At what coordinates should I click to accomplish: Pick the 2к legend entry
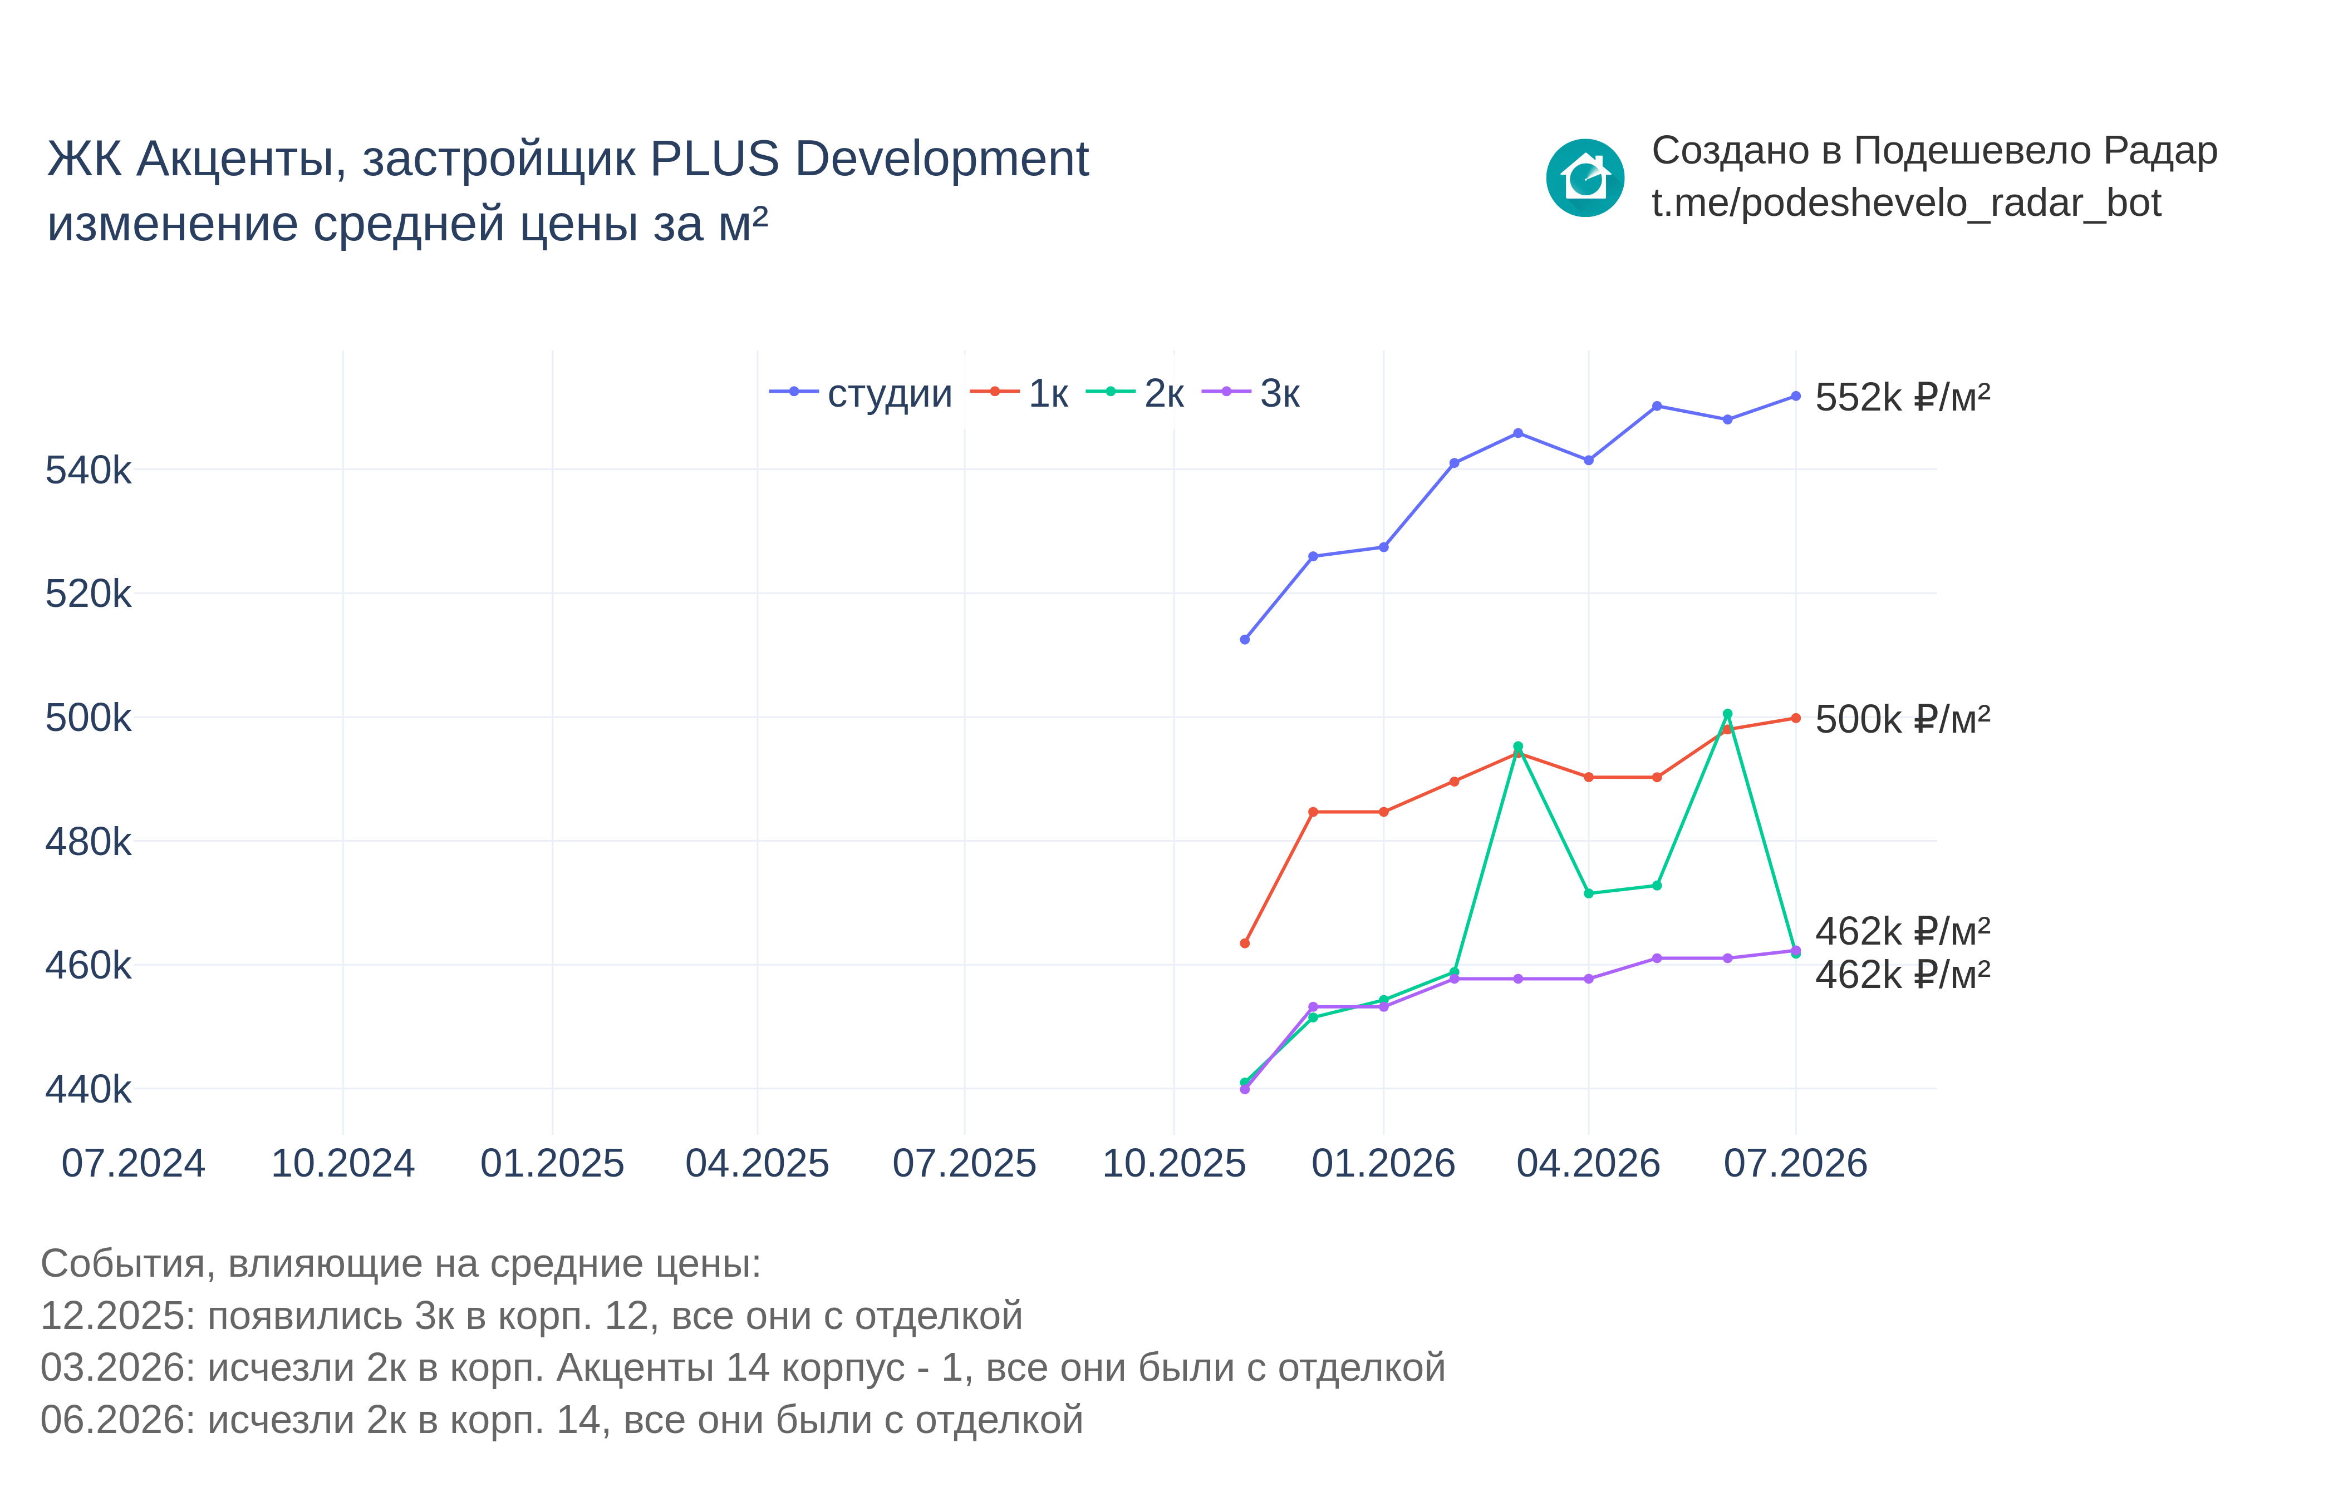point(1135,393)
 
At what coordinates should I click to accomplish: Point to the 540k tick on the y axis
point(88,470)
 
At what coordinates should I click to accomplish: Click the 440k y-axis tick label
point(88,1089)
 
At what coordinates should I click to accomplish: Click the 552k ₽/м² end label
point(1902,397)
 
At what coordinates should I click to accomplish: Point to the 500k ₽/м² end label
point(1902,719)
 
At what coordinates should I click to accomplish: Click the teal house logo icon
point(1585,177)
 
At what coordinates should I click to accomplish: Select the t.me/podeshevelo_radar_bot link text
point(1905,203)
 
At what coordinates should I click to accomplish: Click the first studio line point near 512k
point(1244,640)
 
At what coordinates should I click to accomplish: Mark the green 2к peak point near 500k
point(1727,714)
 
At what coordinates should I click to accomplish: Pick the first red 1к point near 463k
point(1244,943)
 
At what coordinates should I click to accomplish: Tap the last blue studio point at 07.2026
point(1795,396)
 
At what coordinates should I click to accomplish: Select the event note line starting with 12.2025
point(531,1316)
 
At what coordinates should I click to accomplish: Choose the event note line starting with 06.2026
point(561,1420)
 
